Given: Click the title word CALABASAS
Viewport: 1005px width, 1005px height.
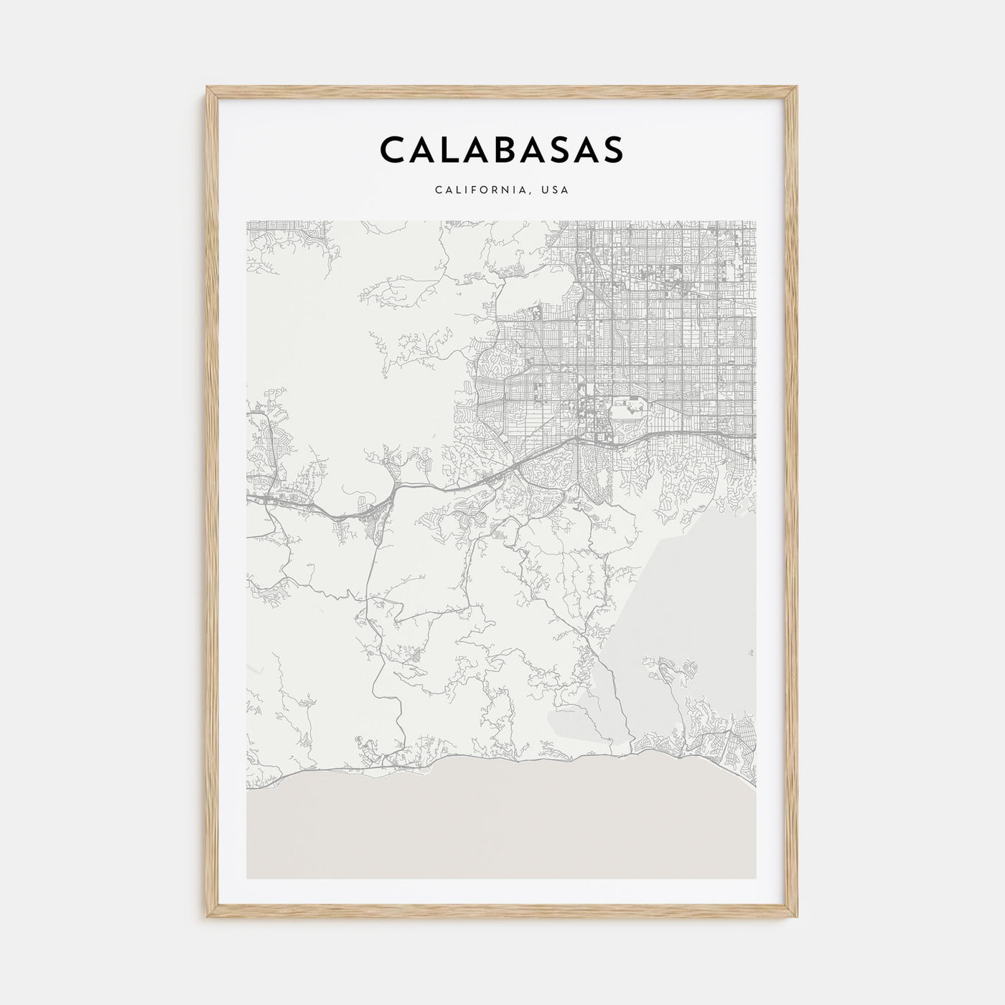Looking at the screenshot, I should click(x=502, y=150).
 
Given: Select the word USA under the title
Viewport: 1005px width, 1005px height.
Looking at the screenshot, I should click(x=556, y=190).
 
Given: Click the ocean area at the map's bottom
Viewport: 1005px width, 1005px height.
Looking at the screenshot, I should click(x=502, y=826).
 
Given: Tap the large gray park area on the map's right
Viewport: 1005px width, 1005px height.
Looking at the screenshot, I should click(x=689, y=589).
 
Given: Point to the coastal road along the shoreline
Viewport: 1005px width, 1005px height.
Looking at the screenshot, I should click(x=502, y=759).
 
